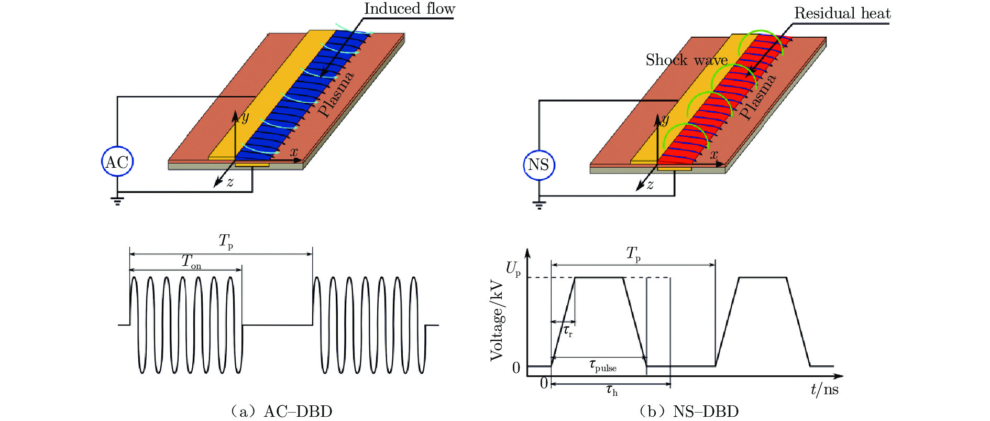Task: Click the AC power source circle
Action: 117,162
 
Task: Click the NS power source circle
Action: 538,165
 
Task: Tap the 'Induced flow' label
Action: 409,9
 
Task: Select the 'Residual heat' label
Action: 842,13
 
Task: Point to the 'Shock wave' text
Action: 686,60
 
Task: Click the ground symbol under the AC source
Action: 117,200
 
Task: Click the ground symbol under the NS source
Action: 539,204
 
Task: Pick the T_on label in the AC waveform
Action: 191,261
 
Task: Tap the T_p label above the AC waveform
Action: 226,242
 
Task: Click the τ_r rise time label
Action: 568,331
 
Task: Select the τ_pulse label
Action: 603,365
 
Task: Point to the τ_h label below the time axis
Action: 611,390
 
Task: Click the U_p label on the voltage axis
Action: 513,269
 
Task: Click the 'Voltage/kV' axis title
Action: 497,321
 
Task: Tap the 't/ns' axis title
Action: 824,390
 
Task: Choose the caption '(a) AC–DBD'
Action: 281,412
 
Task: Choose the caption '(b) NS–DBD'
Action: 689,412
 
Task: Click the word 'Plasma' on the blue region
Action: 336,94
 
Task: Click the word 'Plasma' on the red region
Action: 757,98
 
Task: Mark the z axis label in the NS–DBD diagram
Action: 650,185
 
